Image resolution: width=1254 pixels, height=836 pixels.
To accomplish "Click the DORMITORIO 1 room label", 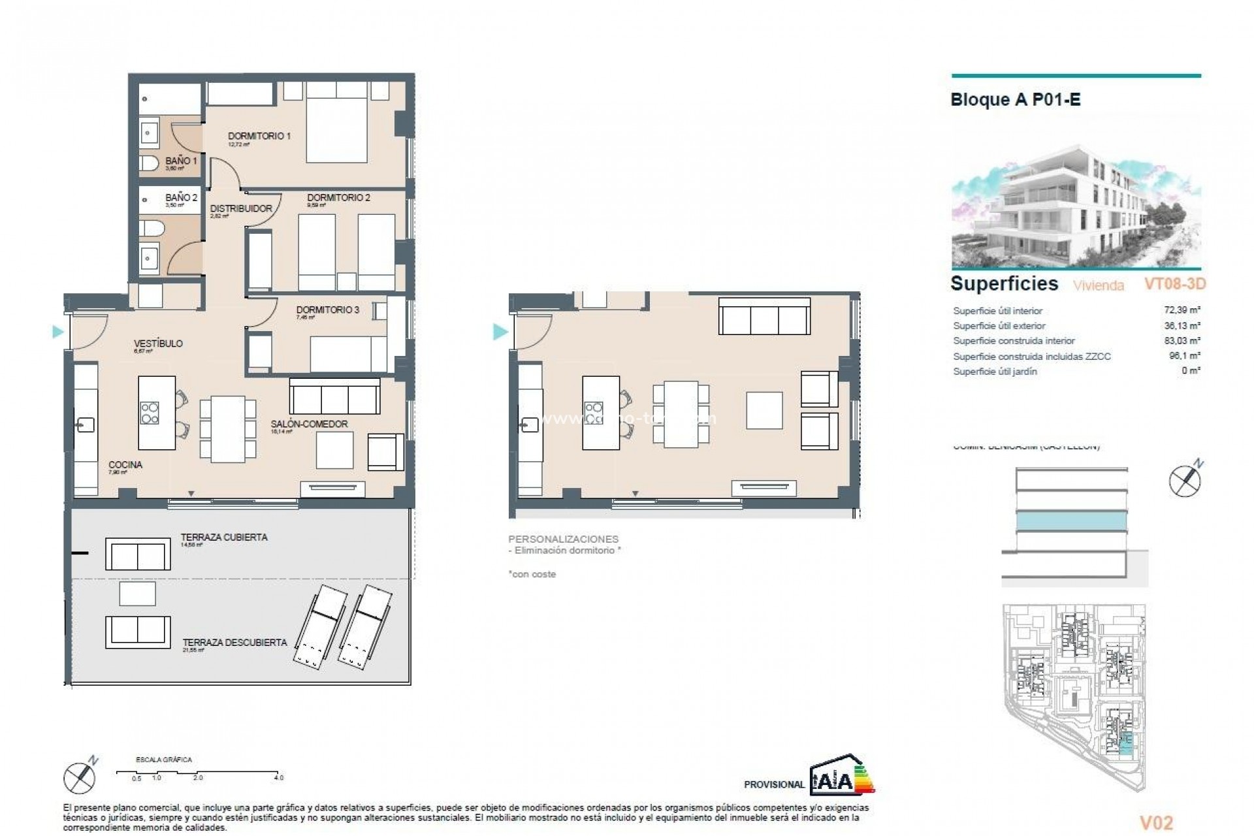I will click(x=259, y=136).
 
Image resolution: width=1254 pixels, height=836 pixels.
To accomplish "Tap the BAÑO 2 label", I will click(x=181, y=197).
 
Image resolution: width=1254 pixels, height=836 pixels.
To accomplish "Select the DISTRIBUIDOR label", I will click(x=241, y=209).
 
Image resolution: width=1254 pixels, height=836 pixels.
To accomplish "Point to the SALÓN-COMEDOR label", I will click(x=309, y=424).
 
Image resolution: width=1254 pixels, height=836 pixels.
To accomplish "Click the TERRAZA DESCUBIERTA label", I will click(x=234, y=643).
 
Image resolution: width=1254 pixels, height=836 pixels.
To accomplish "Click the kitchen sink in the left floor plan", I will click(x=85, y=425).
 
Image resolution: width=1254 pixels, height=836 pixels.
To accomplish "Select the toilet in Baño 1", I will click(x=149, y=162).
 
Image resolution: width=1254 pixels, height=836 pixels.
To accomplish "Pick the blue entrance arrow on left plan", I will click(x=58, y=332).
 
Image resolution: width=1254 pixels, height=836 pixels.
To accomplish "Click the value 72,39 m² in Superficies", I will click(x=1184, y=311).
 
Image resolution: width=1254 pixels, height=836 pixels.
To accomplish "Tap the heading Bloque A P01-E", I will click(x=1015, y=100).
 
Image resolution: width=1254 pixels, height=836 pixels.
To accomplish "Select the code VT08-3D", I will click(x=1174, y=284).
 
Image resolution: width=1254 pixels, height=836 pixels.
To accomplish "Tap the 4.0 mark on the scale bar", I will click(x=278, y=777).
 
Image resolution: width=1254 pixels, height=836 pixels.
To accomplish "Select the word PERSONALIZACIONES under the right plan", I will click(x=563, y=539).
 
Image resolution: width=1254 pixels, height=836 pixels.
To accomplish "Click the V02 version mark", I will click(x=1156, y=823).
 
